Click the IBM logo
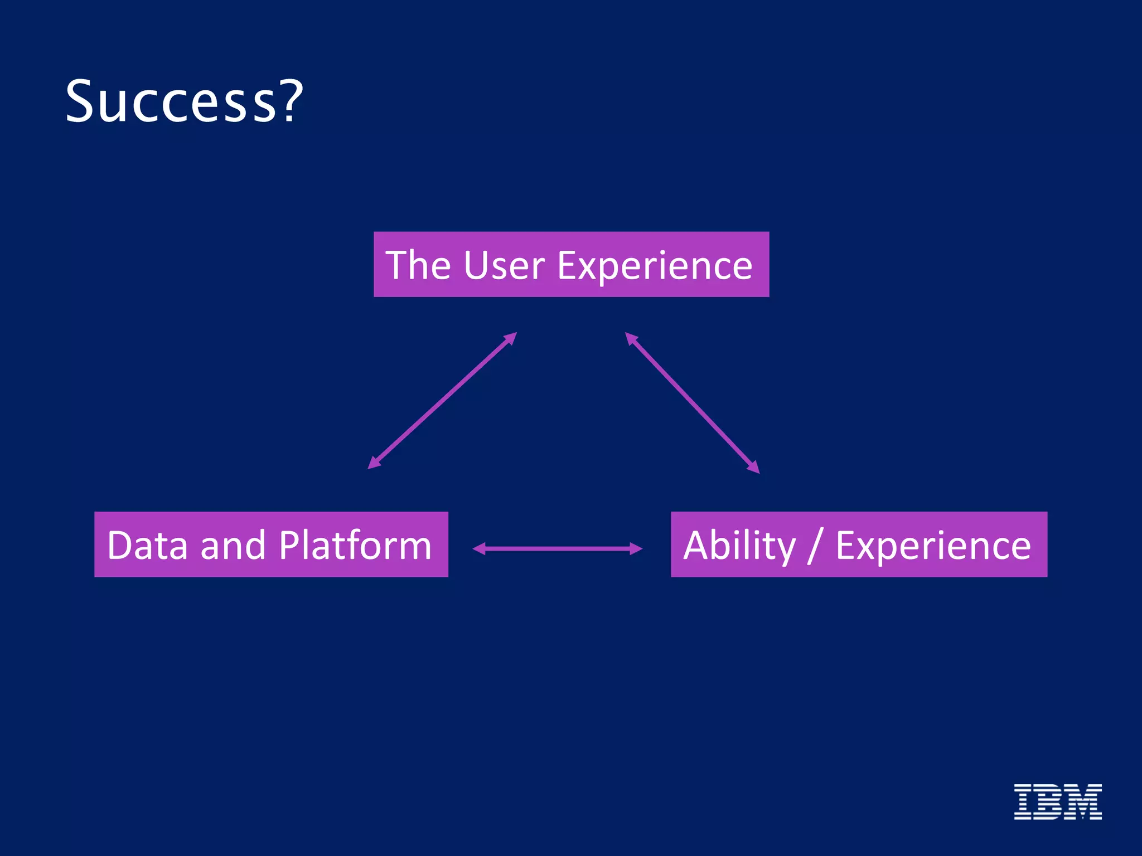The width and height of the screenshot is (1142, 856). click(1057, 801)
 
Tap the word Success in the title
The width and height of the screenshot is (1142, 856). click(171, 101)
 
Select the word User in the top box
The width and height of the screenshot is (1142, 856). click(504, 265)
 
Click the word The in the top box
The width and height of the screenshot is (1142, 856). click(418, 265)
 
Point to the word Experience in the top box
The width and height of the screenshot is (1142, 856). click(655, 266)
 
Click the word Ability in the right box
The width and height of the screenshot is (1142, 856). click(739, 546)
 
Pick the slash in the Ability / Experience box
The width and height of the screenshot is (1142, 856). click(815, 546)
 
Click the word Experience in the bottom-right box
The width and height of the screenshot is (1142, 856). click(933, 546)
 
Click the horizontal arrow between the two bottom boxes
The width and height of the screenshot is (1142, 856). click(558, 549)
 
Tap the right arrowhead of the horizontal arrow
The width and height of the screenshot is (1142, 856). click(636, 549)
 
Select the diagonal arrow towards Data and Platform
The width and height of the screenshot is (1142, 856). click(442, 401)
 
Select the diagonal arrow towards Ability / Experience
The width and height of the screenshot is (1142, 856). click(692, 403)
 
